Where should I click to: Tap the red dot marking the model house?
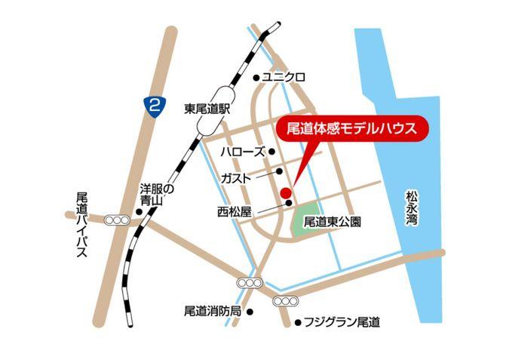285,193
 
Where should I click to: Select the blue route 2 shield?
154,106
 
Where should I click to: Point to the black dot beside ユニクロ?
256,77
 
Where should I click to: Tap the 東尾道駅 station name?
207,108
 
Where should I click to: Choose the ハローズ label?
242,152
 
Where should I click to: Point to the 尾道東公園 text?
333,223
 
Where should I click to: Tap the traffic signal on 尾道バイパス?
117,220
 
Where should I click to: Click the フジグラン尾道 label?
342,322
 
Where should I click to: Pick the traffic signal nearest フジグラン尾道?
285,302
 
